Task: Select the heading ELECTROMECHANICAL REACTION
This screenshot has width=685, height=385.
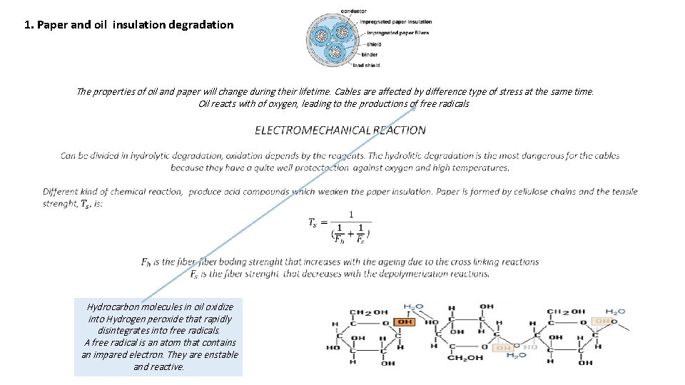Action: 340,130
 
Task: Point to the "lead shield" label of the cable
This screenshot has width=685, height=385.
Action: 367,66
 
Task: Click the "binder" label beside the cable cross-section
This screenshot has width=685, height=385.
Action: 370,54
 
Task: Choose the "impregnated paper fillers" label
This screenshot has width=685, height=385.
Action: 395,33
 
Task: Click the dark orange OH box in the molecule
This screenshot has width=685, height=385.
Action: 405,322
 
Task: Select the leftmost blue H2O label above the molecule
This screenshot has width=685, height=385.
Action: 413,308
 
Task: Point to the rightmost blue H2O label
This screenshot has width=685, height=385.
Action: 615,312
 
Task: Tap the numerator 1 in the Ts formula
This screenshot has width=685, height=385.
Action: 351,214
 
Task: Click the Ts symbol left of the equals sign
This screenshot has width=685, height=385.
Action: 313,223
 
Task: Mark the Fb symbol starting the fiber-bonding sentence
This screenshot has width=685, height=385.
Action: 146,262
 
